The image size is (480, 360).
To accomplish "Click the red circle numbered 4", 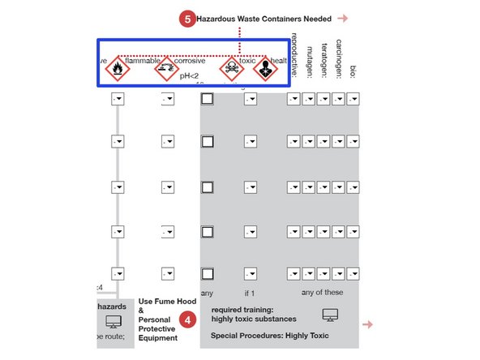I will click(188, 319).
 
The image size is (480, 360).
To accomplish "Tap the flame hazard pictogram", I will click(118, 68).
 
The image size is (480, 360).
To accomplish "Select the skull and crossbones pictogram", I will click(231, 69).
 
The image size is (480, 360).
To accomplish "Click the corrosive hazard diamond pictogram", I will click(165, 69).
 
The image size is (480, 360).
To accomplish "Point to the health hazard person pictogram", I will click(264, 69).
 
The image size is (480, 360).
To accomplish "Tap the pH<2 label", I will click(190, 75).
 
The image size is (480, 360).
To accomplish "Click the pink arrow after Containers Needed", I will click(343, 18).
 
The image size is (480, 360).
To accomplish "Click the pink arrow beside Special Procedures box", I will click(367, 324).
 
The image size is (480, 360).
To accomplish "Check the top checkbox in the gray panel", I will click(207, 98).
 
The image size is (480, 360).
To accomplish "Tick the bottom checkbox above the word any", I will click(207, 273).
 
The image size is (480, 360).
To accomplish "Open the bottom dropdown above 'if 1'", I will click(249, 273).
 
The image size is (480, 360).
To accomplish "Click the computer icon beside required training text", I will click(329, 314).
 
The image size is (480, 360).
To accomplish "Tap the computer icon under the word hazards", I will click(113, 324).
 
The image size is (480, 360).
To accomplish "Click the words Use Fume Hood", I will click(167, 301).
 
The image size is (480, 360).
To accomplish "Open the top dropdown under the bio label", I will click(353, 98).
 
